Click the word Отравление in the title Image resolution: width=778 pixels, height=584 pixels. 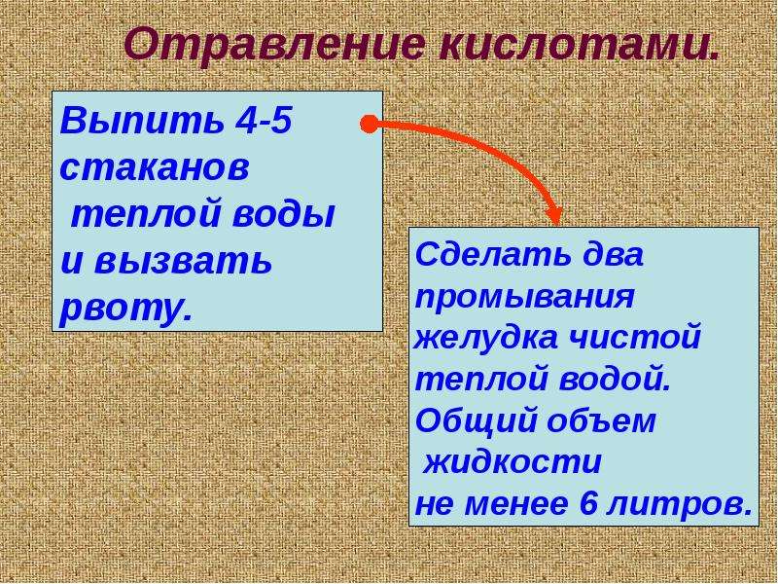pyautogui.click(x=274, y=46)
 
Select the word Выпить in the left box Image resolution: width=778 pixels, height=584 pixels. pyautogui.click(x=141, y=122)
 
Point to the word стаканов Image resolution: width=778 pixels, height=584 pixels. pyautogui.click(x=155, y=168)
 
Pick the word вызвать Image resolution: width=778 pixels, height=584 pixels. pyautogui.click(x=183, y=261)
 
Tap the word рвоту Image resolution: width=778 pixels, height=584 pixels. pyautogui.click(x=125, y=309)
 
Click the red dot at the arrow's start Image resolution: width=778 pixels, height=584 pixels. pyautogui.click(x=369, y=125)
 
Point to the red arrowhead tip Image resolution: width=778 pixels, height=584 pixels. pyautogui.click(x=556, y=225)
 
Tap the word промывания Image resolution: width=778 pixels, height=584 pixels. pyautogui.click(x=525, y=298)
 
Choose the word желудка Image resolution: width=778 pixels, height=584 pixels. pyautogui.click(x=485, y=338)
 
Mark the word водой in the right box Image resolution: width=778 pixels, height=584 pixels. pyautogui.click(x=615, y=379)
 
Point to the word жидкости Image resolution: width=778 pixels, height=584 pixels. pyautogui.click(x=513, y=462)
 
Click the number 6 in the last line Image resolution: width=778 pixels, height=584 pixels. pyautogui.click(x=587, y=503)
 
